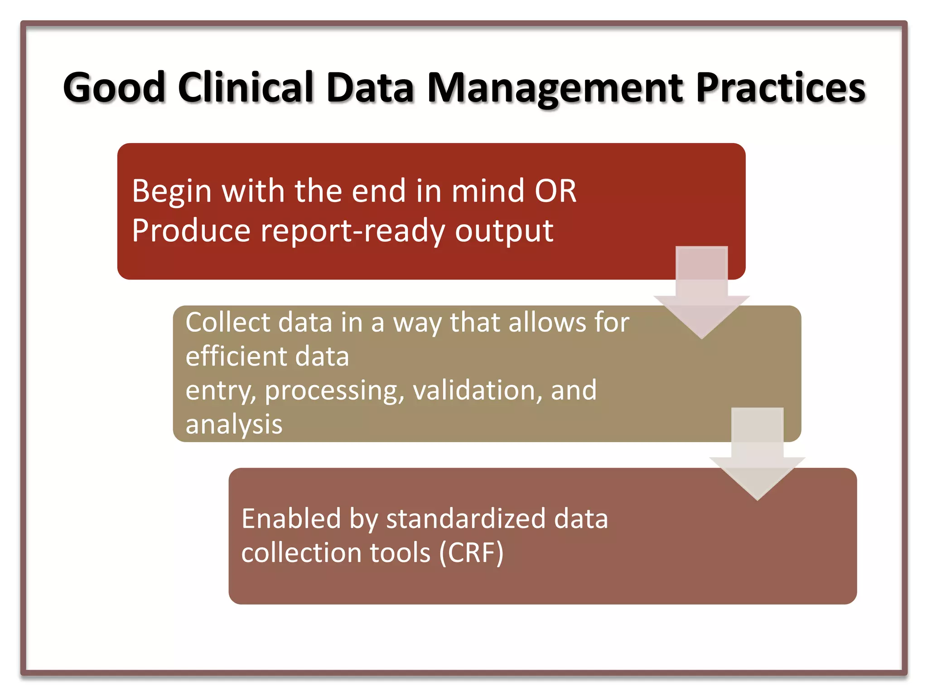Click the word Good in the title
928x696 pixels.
coord(114,88)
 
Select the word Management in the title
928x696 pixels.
coord(556,88)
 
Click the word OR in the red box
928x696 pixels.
coord(556,191)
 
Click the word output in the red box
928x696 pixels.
coord(504,231)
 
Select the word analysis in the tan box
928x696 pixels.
coord(234,425)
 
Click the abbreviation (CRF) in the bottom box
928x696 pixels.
coord(471,553)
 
